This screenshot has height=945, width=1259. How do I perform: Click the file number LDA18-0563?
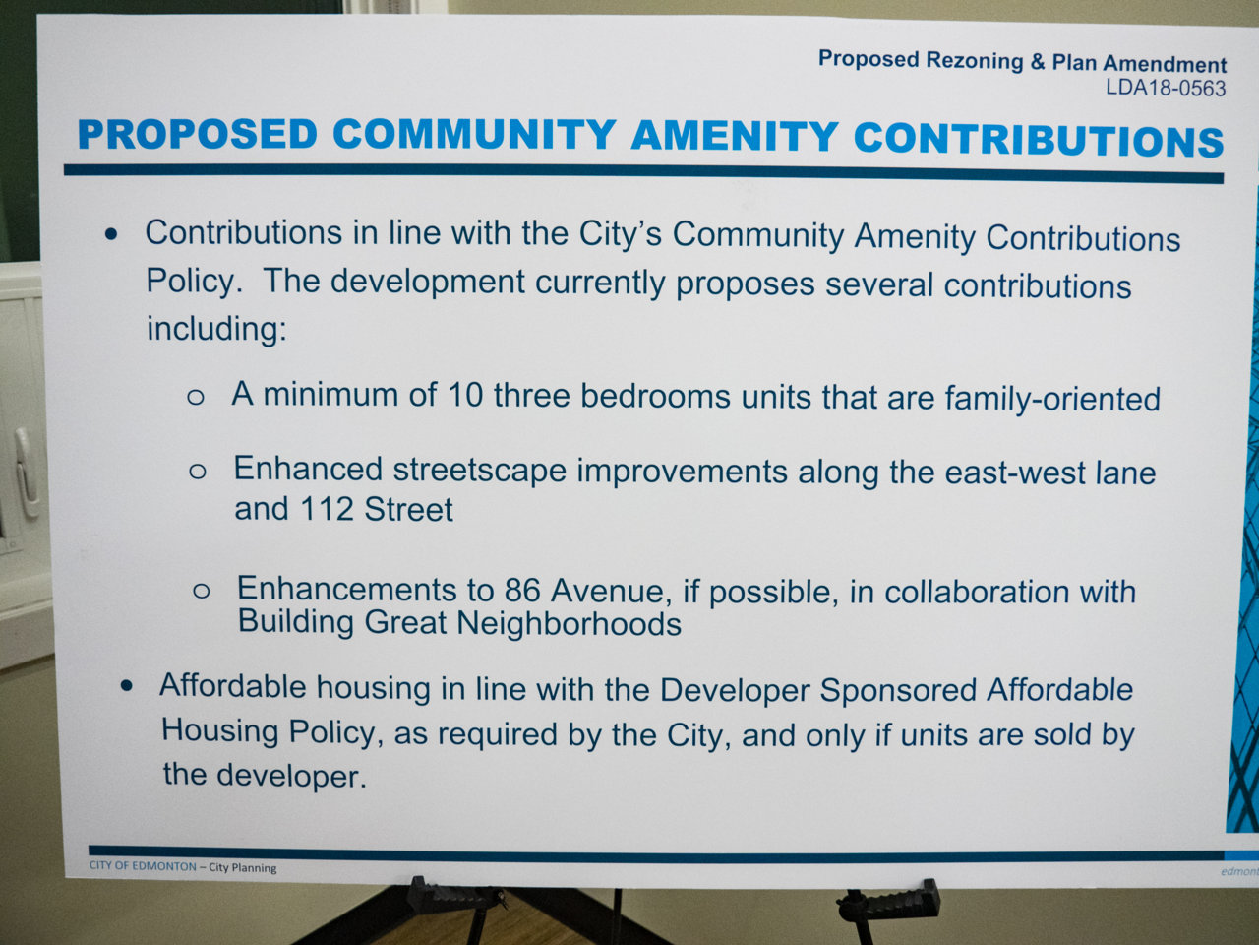(1166, 89)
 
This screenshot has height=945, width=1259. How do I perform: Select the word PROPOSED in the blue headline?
(198, 134)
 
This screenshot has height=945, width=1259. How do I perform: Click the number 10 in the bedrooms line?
(464, 396)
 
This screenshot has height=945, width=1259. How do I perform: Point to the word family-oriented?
(1052, 399)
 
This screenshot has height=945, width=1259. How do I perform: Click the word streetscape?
(480, 471)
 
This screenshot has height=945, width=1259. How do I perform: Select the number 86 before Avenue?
(522, 590)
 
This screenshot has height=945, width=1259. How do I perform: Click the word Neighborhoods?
(569, 623)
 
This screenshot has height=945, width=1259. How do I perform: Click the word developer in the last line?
(291, 776)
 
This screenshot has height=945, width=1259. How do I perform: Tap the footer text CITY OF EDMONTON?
(143, 866)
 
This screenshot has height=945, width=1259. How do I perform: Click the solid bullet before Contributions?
(111, 234)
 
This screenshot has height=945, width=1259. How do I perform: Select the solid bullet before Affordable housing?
(126, 686)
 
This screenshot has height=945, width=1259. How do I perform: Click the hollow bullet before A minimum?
(196, 397)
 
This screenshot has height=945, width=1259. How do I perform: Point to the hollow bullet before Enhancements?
(202, 591)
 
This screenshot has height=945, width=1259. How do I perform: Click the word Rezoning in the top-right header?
(975, 61)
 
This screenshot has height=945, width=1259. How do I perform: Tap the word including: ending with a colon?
(216, 330)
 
